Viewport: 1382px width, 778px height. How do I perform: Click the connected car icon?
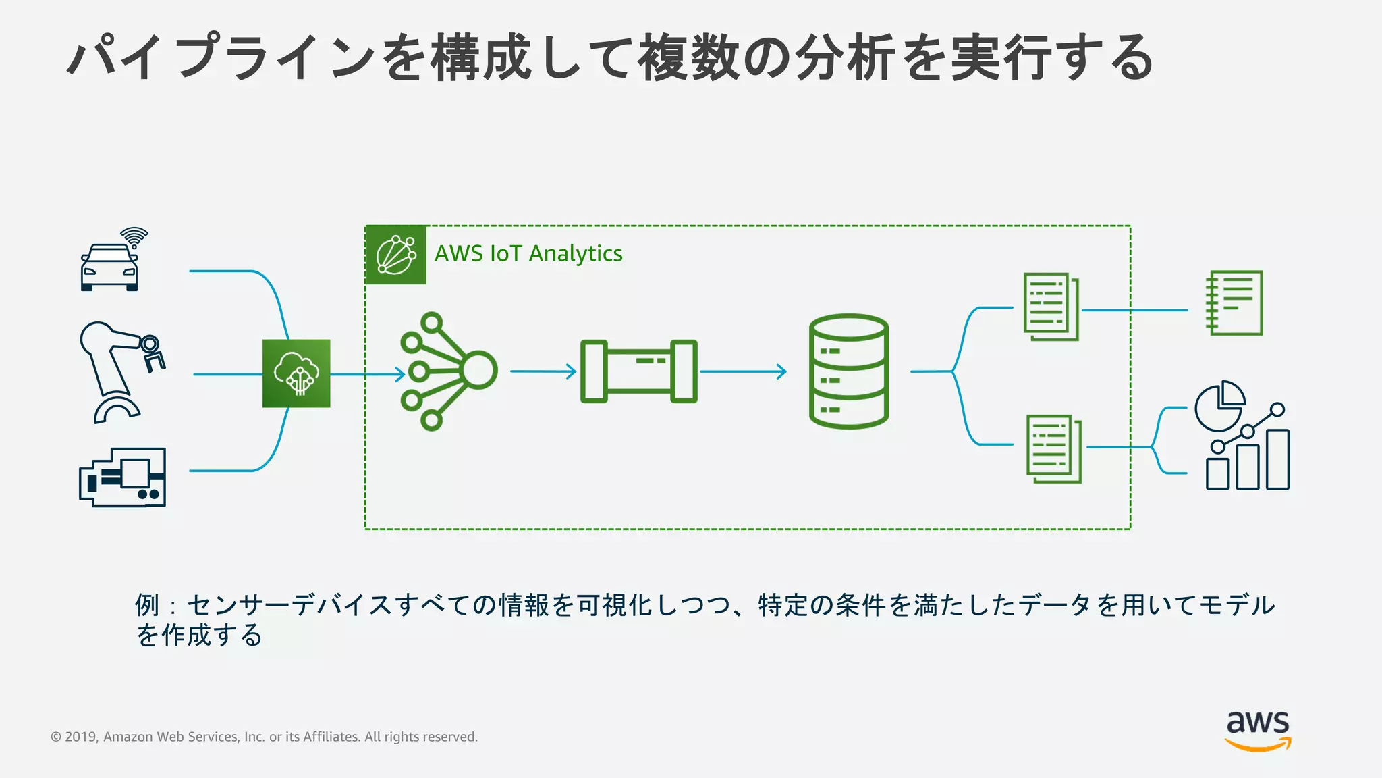109,267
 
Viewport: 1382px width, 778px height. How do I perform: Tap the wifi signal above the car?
134,237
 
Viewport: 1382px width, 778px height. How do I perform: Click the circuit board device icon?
123,477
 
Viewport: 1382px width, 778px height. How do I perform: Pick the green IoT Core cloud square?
296,373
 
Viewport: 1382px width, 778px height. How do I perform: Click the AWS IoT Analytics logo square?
396,255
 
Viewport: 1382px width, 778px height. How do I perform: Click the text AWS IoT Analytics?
528,253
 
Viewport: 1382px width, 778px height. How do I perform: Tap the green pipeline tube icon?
638,371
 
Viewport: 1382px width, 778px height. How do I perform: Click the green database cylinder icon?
848,371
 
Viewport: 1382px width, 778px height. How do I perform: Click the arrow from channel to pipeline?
543,371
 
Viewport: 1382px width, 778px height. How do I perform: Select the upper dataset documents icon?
1051,307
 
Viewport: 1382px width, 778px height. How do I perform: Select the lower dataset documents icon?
1054,448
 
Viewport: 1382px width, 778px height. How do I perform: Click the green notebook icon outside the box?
1234,303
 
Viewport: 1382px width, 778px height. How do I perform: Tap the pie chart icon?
1219,406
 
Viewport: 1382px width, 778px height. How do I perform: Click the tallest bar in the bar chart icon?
1277,459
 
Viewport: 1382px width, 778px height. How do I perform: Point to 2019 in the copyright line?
81,737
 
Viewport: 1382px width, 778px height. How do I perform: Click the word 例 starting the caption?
147,605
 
